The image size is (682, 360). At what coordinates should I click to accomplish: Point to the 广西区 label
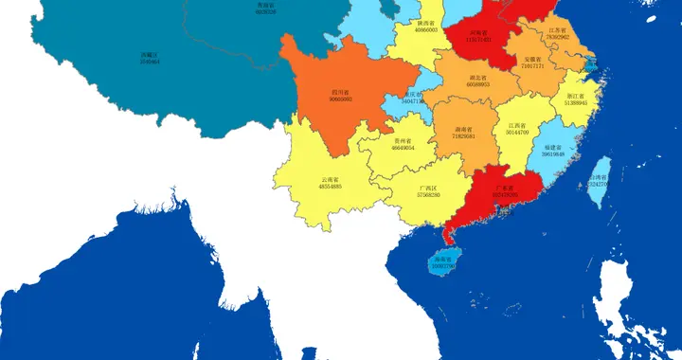(428, 189)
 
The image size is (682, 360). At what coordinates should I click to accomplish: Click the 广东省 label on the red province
(505, 189)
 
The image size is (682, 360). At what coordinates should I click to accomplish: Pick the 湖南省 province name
(463, 129)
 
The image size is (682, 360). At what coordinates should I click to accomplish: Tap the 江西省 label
(517, 125)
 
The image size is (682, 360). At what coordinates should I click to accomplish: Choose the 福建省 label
(553, 147)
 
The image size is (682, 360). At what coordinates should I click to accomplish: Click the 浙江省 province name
(575, 96)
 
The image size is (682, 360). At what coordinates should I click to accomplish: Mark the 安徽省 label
(534, 60)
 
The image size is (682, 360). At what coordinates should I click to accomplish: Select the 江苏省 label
(558, 30)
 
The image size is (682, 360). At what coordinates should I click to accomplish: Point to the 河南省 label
(478, 32)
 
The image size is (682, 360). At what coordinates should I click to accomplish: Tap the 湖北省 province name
(477, 78)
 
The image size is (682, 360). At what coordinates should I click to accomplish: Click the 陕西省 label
(426, 23)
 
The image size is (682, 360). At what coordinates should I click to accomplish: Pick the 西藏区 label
(149, 54)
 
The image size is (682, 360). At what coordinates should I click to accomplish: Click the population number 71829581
(463, 136)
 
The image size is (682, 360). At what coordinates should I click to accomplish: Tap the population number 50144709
(517, 133)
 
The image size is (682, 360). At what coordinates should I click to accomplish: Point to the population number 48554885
(331, 188)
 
